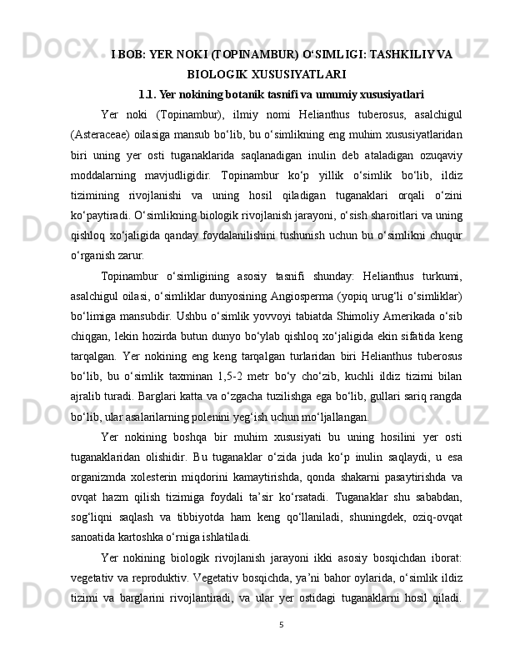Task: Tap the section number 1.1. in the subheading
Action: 152,94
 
